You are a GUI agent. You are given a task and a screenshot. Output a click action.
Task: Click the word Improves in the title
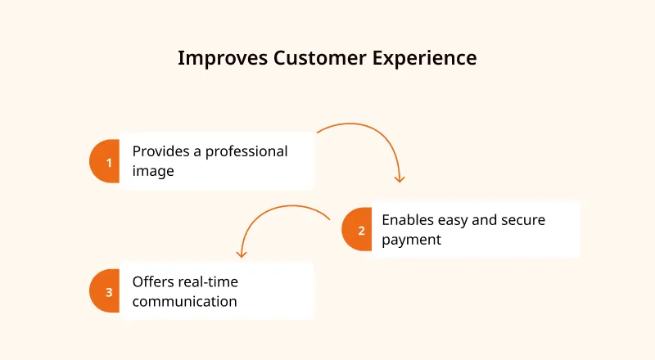(x=223, y=58)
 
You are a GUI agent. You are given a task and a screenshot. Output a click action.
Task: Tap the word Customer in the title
(x=320, y=57)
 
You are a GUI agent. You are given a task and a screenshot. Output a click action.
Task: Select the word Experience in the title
(x=424, y=58)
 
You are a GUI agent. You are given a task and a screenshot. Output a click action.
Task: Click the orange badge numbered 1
(x=105, y=161)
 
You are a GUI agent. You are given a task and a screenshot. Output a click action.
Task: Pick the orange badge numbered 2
(x=357, y=229)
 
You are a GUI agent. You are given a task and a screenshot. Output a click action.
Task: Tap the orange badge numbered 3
(x=105, y=290)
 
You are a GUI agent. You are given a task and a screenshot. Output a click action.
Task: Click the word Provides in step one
(x=160, y=151)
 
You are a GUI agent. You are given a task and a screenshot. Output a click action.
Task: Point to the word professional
(x=246, y=152)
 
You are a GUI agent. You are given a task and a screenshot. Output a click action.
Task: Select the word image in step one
(x=153, y=172)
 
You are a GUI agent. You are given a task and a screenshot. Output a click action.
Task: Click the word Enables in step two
(x=408, y=219)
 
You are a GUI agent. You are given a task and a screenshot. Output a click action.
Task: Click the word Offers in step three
(x=151, y=282)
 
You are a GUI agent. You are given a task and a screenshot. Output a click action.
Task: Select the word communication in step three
(x=185, y=302)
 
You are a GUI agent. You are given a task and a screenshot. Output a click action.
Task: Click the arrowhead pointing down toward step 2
(x=400, y=179)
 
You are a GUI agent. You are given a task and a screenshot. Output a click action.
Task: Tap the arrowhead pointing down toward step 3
(x=241, y=254)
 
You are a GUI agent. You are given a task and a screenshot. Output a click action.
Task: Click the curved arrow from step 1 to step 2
(x=385, y=137)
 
